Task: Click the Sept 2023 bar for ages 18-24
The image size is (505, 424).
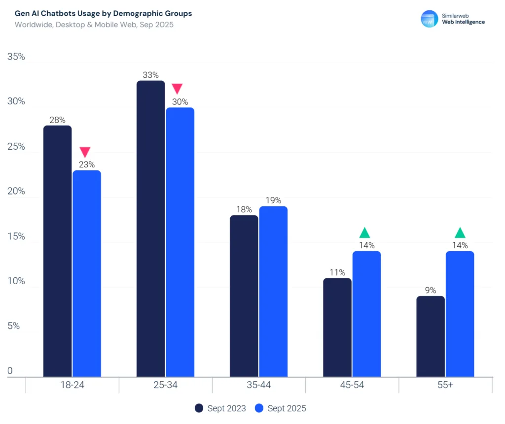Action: pos(57,251)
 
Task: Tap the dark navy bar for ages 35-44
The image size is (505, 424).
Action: pos(244,296)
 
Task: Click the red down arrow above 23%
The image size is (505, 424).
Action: pos(85,152)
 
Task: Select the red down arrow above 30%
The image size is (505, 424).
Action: pos(177,89)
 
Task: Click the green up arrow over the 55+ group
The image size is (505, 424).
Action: pos(460,232)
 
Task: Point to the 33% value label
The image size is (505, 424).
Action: pos(150,75)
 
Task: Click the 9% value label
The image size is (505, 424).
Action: pos(431,290)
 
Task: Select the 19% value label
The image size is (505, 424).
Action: pos(273,200)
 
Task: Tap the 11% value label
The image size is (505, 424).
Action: pos(337,272)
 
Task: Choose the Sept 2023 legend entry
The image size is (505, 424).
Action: pos(221,408)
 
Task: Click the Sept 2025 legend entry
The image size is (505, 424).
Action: pos(281,408)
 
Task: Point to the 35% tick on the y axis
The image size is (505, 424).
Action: pos(16,57)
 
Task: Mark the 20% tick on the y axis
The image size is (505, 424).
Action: pos(16,192)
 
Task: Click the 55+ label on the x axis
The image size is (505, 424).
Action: pos(445,385)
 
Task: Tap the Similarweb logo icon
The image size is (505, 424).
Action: pos(429,19)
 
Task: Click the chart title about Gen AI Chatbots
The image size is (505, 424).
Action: pos(104,13)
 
